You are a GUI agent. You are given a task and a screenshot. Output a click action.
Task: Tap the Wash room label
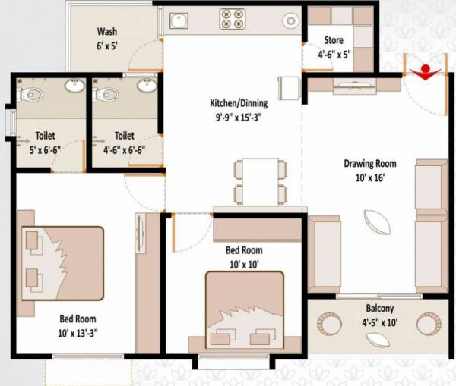pos(106,32)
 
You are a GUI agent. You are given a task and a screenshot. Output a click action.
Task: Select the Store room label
pos(333,40)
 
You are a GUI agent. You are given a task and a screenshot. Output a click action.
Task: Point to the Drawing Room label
pos(370,163)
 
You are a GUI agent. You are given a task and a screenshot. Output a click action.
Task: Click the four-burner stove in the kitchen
pos(233,18)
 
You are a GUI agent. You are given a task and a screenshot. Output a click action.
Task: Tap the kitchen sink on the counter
pos(180,20)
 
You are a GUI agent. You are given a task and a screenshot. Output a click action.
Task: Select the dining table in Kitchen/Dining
pos(261,182)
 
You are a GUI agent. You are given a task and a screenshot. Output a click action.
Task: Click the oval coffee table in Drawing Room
pos(378,225)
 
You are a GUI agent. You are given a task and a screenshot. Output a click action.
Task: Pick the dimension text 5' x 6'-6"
pos(45,149)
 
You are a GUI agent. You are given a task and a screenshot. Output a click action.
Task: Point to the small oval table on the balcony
pos(378,339)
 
